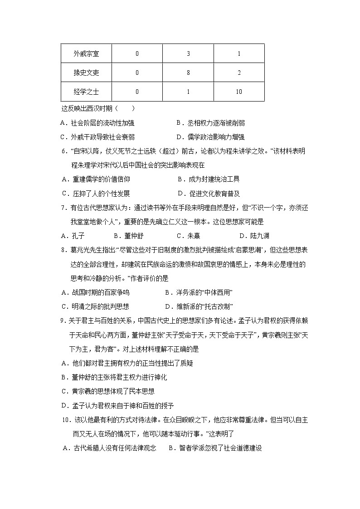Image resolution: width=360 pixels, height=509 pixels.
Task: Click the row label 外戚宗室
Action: (x=86, y=53)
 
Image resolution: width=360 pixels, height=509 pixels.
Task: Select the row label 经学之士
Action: (x=86, y=92)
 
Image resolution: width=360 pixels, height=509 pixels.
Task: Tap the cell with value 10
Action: (x=239, y=92)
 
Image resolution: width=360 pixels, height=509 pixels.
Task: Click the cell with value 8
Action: (x=188, y=73)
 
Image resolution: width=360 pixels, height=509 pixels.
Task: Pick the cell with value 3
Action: (x=188, y=53)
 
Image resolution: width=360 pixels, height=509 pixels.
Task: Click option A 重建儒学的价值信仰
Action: (x=95, y=179)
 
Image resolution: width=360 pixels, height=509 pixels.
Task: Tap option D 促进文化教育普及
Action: (x=209, y=194)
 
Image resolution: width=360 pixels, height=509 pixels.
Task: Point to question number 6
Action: (x=63, y=151)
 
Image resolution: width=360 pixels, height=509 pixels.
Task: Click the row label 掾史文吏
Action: (x=86, y=73)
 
